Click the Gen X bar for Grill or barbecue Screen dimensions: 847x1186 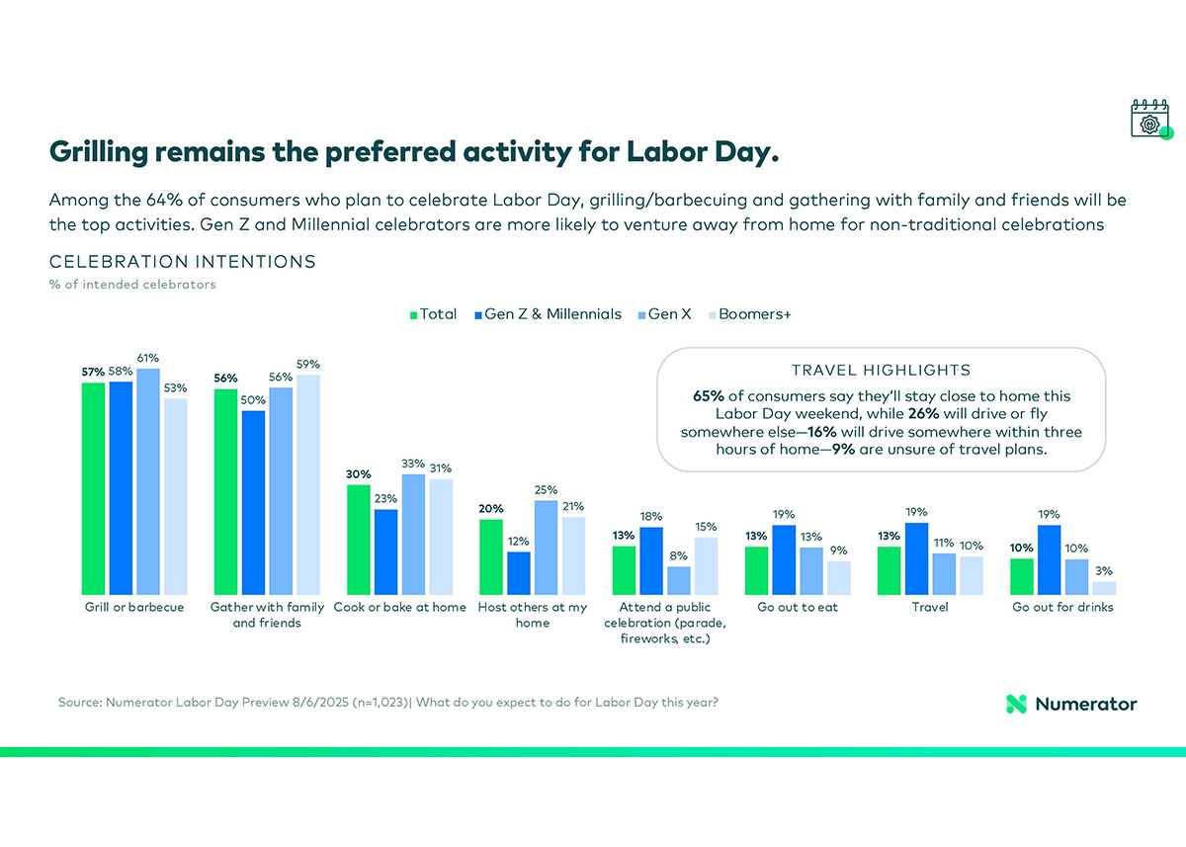[x=148, y=481]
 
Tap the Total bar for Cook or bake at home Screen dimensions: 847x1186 [x=358, y=540]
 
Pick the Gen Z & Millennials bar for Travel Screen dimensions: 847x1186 [x=916, y=558]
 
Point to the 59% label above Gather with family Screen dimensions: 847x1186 [x=307, y=364]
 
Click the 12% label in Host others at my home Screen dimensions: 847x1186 [x=519, y=541]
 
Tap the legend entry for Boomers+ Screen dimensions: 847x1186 [x=756, y=314]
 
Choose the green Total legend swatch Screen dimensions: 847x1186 [x=414, y=314]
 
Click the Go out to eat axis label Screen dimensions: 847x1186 [x=797, y=607]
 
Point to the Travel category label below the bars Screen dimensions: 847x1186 [x=929, y=607]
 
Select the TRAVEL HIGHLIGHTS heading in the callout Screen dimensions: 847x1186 [x=881, y=371]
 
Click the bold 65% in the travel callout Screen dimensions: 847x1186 [x=710, y=395]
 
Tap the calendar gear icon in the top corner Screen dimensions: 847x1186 [x=1149, y=119]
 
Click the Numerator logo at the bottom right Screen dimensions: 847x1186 [x=1071, y=704]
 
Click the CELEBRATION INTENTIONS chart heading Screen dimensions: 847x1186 [x=182, y=262]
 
